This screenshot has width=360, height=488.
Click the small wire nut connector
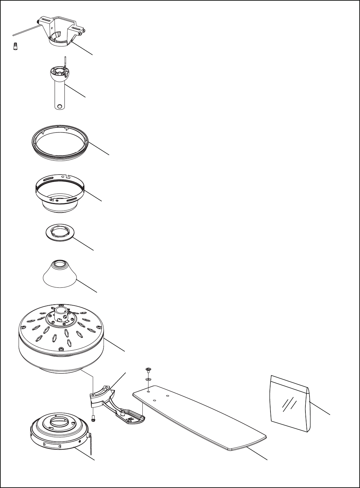[x=15, y=46]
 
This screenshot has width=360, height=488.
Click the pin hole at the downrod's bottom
[x=60, y=106]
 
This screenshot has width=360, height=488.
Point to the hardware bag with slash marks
[x=290, y=403]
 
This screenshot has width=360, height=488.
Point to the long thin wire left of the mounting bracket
[x=24, y=29]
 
